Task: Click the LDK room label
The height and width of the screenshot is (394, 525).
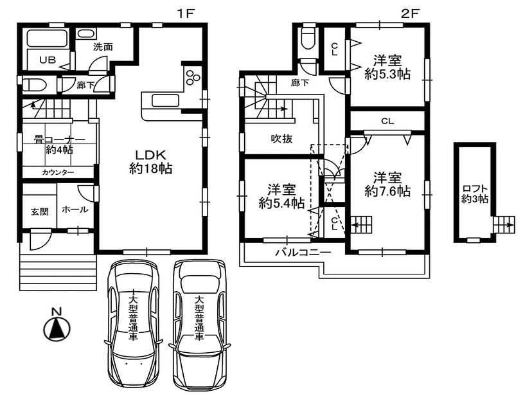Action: tap(150, 161)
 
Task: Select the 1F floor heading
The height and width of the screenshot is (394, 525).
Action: tap(186, 13)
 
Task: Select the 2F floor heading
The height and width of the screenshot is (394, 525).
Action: tap(410, 13)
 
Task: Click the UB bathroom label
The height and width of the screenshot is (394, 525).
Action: tap(48, 60)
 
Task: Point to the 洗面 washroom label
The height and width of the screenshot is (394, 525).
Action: tap(103, 47)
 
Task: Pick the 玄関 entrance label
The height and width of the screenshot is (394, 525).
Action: tap(40, 211)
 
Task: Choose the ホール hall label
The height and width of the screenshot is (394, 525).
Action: tap(75, 210)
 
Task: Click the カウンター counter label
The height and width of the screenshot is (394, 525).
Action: tap(58, 173)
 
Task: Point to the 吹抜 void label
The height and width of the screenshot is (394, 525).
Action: tap(281, 138)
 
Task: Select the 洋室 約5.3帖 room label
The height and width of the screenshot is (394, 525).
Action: tap(387, 67)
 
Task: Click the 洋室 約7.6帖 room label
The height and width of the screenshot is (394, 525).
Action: tap(387, 184)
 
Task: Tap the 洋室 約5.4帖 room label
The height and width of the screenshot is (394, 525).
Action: tap(281, 196)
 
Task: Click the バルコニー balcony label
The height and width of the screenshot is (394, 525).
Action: tap(303, 253)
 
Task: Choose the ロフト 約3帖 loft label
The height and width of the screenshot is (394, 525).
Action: tap(474, 194)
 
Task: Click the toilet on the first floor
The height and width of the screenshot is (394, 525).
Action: tap(34, 85)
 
